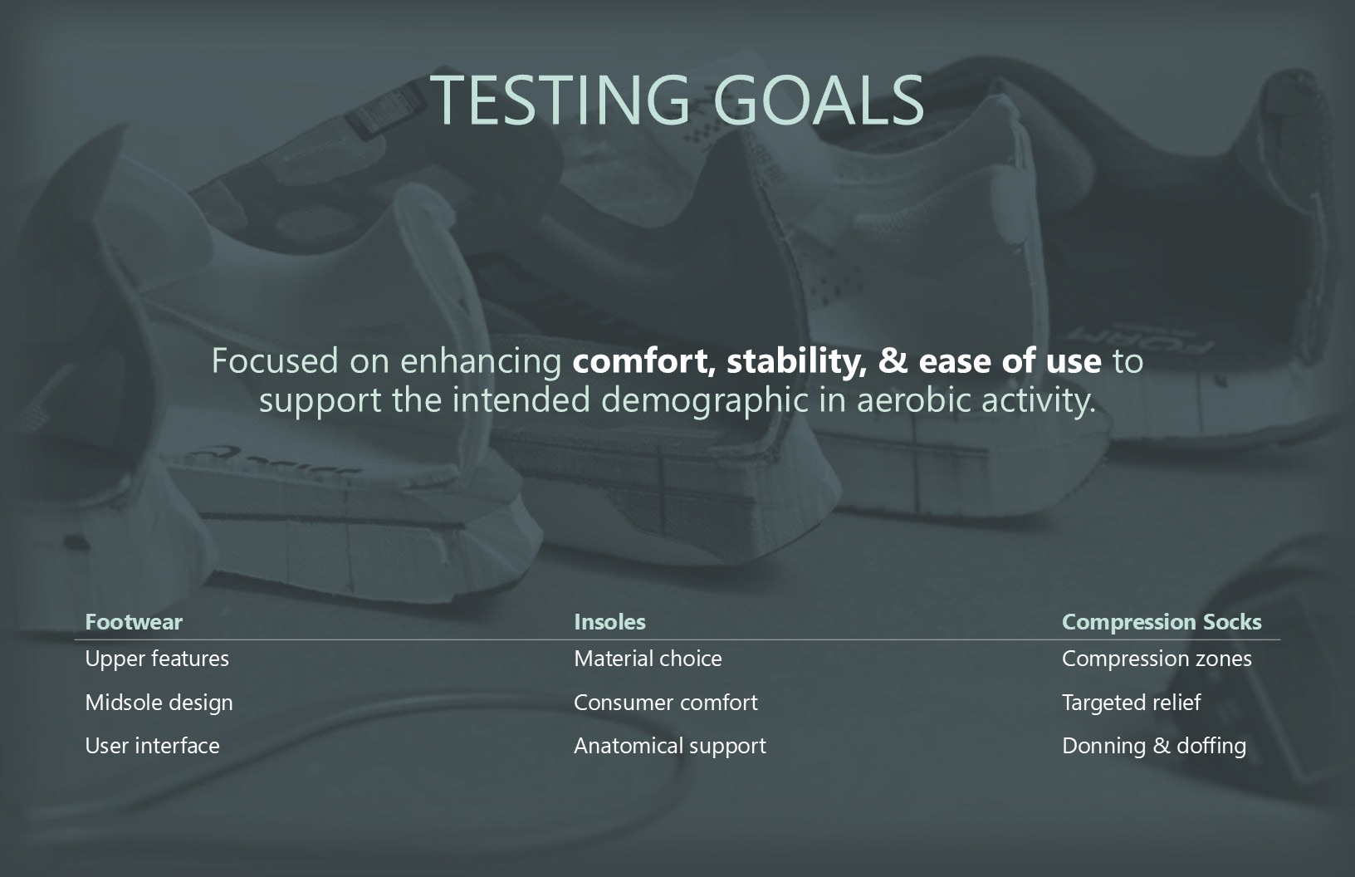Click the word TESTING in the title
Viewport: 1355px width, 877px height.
[x=560, y=100]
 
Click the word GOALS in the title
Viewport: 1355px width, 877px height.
[x=819, y=100]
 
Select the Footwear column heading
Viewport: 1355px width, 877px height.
[x=134, y=621]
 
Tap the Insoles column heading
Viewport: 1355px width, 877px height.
[x=609, y=621]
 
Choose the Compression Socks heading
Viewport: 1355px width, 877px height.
[x=1162, y=622]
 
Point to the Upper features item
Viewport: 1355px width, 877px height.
[x=157, y=659]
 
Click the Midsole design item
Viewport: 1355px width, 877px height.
[x=159, y=703]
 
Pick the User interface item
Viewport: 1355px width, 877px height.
[x=152, y=746]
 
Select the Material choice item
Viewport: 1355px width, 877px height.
[x=648, y=659]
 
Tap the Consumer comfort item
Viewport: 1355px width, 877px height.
[x=665, y=703]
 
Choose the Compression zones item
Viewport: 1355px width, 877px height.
[x=1157, y=659]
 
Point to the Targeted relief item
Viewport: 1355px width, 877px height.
[x=1131, y=703]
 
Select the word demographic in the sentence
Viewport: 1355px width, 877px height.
[x=705, y=400]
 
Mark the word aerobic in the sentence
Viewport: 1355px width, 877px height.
[x=913, y=400]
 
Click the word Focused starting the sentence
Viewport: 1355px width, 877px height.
[x=275, y=361]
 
